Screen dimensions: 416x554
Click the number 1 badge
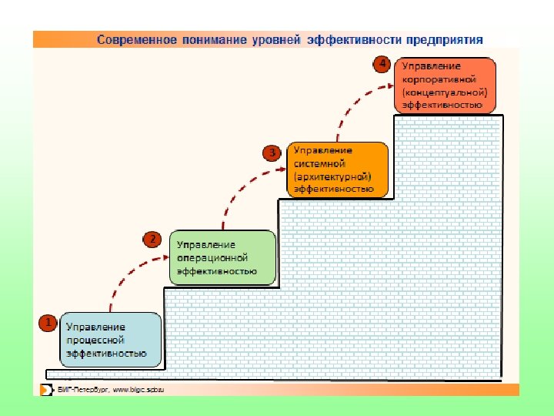coord(48,322)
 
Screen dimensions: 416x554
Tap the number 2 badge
coord(153,240)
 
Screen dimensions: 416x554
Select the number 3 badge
coord(271,153)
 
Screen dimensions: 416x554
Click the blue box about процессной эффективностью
coord(112,339)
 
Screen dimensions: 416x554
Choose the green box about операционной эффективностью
coord(222,257)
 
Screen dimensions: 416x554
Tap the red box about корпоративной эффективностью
coord(446,85)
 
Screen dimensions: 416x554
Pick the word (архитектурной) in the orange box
coord(332,176)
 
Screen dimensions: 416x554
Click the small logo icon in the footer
coord(46,389)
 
